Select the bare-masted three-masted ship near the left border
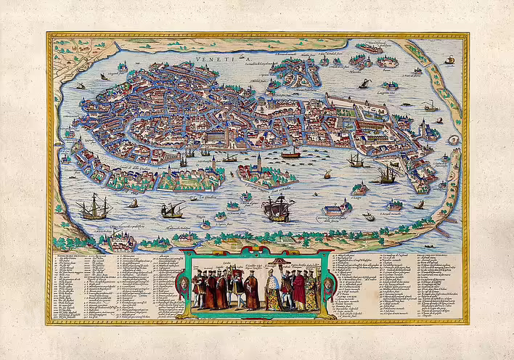pos(94,208)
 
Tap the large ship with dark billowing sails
pos(277,208)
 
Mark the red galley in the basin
pos(291,153)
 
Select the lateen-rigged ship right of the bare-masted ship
pos(171,210)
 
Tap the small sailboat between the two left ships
pos(134,204)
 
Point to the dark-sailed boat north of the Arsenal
pos(362,83)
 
